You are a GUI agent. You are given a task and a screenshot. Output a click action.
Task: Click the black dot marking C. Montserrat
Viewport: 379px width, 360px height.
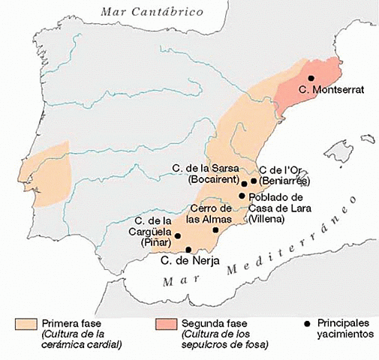tap(311, 78)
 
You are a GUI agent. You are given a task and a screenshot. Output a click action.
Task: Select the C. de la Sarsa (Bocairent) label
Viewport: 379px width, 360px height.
tap(205, 173)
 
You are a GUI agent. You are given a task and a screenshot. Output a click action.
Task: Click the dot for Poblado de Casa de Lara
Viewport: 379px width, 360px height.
tap(242, 196)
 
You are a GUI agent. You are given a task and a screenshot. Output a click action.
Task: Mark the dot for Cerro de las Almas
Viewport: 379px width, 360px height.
tap(216, 229)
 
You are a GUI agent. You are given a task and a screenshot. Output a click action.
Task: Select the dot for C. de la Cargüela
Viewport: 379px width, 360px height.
tap(178, 235)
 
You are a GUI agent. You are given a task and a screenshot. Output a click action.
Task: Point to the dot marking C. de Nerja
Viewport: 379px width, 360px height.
tap(188, 249)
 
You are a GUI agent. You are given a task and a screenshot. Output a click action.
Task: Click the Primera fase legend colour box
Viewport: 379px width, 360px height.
tap(27, 323)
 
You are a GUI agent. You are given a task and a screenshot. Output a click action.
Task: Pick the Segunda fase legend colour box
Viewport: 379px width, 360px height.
tap(164, 323)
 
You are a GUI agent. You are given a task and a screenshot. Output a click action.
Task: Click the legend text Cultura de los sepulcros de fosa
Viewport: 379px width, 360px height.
tap(224, 339)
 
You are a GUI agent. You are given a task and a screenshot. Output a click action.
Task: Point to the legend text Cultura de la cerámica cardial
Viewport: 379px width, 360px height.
tap(82, 339)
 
